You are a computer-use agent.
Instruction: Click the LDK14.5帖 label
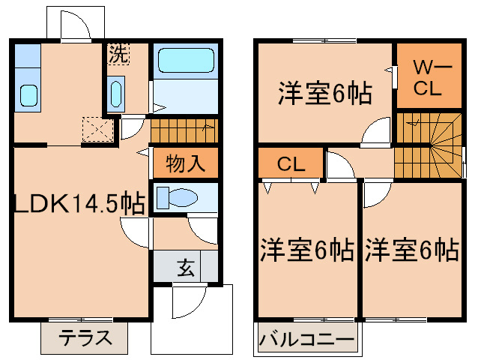click(79, 203)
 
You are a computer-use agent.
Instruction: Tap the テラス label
click(86, 337)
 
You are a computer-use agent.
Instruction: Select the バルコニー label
click(307, 339)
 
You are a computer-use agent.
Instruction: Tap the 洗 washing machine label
click(118, 53)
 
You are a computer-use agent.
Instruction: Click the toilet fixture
click(177, 198)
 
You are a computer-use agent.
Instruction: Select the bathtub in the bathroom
click(186, 60)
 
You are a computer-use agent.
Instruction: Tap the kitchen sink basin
click(29, 95)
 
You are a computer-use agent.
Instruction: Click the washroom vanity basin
click(116, 94)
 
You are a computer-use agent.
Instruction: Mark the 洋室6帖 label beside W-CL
click(326, 93)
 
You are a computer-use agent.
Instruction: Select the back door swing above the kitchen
click(74, 26)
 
